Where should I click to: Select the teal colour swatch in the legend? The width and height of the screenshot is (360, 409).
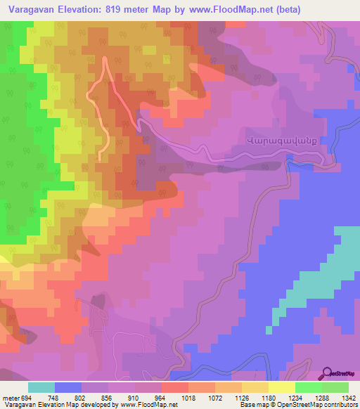point(41,387)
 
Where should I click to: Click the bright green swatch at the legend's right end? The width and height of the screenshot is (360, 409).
point(335,387)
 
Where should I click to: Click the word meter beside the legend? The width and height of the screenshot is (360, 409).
point(11,398)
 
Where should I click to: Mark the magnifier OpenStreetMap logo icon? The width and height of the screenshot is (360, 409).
point(328,374)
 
